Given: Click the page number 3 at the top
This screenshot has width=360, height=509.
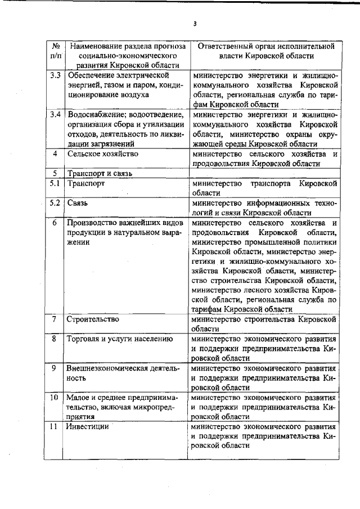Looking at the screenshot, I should (x=195, y=24).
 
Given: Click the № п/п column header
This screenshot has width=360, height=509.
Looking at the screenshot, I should (x=55, y=51).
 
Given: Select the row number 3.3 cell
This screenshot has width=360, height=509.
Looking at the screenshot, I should (x=55, y=75).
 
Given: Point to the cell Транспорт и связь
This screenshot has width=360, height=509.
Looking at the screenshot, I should (x=100, y=173).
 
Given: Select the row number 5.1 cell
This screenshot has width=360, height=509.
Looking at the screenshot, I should (x=55, y=183).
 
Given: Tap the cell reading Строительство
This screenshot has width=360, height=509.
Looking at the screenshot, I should (x=93, y=319).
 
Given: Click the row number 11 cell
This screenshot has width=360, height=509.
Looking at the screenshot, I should (x=55, y=426).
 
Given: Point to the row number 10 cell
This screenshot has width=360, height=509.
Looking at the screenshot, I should (x=55, y=397).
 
